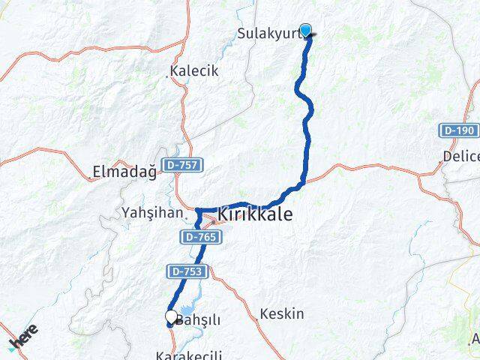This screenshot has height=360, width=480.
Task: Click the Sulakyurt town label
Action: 268,33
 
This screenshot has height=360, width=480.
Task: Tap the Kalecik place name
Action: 194,71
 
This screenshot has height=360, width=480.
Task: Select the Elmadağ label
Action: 124,172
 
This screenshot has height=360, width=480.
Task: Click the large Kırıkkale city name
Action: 255,215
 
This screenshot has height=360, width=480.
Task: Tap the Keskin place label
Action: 282,313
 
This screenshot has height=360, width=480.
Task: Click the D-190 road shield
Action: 457,130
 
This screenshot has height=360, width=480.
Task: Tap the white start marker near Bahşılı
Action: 171,317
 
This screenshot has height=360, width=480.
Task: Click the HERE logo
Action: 22,337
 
